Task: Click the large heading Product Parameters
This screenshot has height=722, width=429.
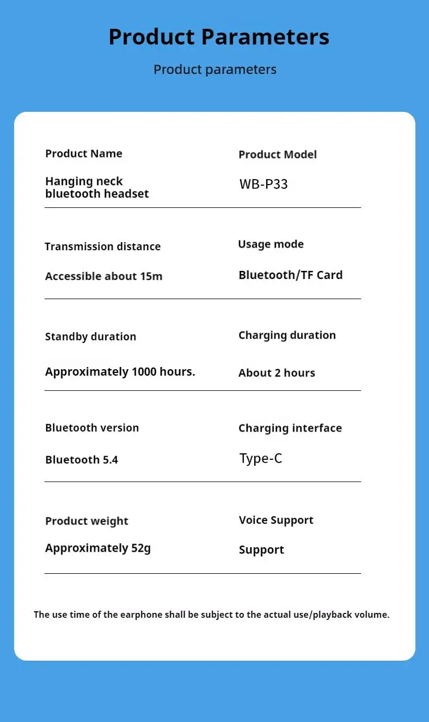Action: tap(219, 37)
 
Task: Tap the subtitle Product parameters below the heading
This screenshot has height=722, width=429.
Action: tap(215, 69)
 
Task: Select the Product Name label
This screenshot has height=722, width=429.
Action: tap(84, 154)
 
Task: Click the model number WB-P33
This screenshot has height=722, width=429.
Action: tap(263, 184)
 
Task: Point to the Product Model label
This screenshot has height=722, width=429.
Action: tap(277, 155)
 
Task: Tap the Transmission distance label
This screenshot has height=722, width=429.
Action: tap(103, 246)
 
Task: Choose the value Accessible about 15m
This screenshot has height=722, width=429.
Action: tap(104, 276)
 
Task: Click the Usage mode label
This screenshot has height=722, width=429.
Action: tap(270, 244)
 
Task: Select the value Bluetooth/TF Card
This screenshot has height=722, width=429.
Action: tap(291, 275)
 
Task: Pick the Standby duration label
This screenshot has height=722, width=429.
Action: tap(91, 337)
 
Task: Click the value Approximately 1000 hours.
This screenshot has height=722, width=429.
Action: tap(120, 372)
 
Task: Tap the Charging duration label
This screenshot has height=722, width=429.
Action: tap(287, 335)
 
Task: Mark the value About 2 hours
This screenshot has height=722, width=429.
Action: tap(276, 373)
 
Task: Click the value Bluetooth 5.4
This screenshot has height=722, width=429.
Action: tap(81, 460)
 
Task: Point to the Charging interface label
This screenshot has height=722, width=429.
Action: tap(290, 428)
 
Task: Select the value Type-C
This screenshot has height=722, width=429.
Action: tap(261, 459)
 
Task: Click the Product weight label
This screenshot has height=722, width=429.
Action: tap(87, 521)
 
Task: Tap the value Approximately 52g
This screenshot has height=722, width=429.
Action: tap(98, 548)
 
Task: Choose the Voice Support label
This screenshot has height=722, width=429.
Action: tap(276, 520)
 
